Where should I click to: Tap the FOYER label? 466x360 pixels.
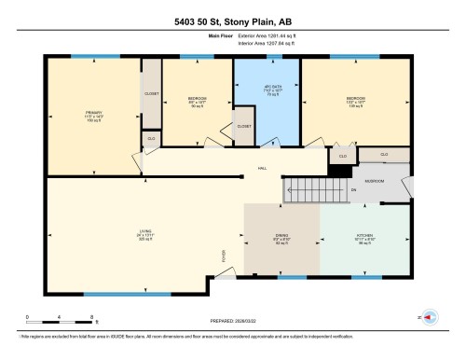pyautogui.click(x=223, y=256)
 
